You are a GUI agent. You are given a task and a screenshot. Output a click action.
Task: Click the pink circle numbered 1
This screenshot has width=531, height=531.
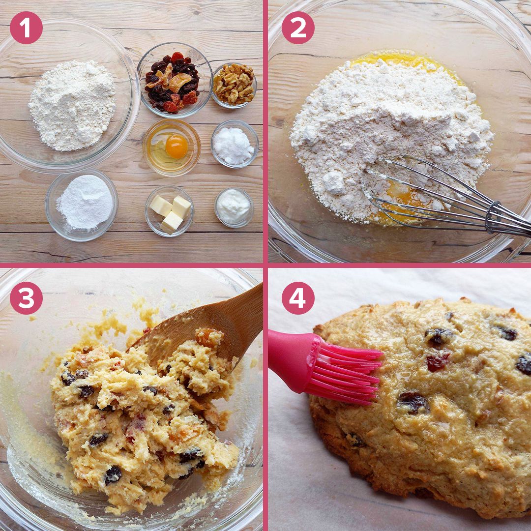(26, 28)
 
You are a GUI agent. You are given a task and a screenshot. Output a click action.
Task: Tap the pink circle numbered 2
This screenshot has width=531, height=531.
(298, 28)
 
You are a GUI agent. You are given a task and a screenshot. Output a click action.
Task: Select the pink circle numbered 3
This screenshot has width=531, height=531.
(26, 298)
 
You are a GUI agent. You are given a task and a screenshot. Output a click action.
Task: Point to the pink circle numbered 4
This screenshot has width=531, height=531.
(298, 298)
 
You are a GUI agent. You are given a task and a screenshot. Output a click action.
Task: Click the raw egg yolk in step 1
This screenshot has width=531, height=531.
(177, 147)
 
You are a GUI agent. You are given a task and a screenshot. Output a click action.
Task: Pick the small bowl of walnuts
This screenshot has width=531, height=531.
(234, 85)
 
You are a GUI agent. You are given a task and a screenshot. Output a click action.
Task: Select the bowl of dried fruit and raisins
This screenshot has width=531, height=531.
(175, 80)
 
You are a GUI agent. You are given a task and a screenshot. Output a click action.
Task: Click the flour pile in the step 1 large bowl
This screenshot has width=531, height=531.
(72, 105)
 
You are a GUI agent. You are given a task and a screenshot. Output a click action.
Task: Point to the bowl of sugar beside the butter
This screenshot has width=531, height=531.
(82, 205)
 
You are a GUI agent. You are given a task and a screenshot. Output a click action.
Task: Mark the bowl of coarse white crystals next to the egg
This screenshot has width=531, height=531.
(235, 144)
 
